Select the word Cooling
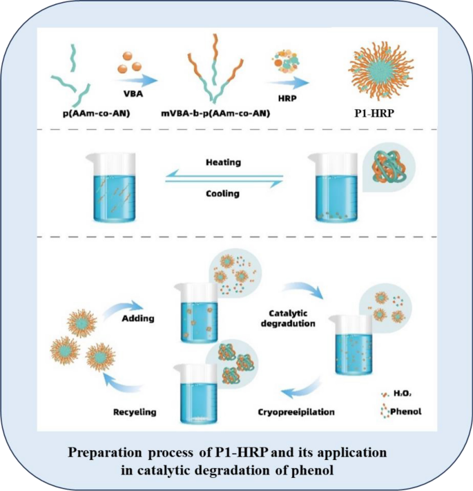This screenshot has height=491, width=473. (x=222, y=194)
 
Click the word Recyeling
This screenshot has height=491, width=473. (x=135, y=412)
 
